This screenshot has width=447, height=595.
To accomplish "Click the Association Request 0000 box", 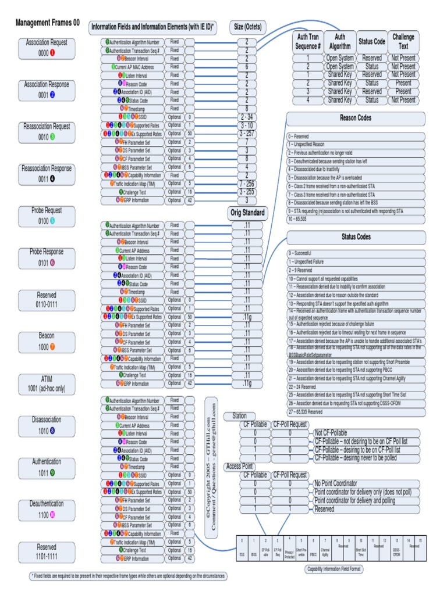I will point(47,48).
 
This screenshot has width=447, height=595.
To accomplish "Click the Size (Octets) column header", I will point(247,27).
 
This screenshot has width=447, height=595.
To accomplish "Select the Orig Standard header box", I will point(247,213).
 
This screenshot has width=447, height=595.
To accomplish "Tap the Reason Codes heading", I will point(356,118).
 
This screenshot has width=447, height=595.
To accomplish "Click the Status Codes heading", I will point(356,237).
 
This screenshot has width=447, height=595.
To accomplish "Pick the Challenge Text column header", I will point(403,41).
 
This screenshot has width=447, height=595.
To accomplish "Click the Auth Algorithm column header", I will point(340,41).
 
